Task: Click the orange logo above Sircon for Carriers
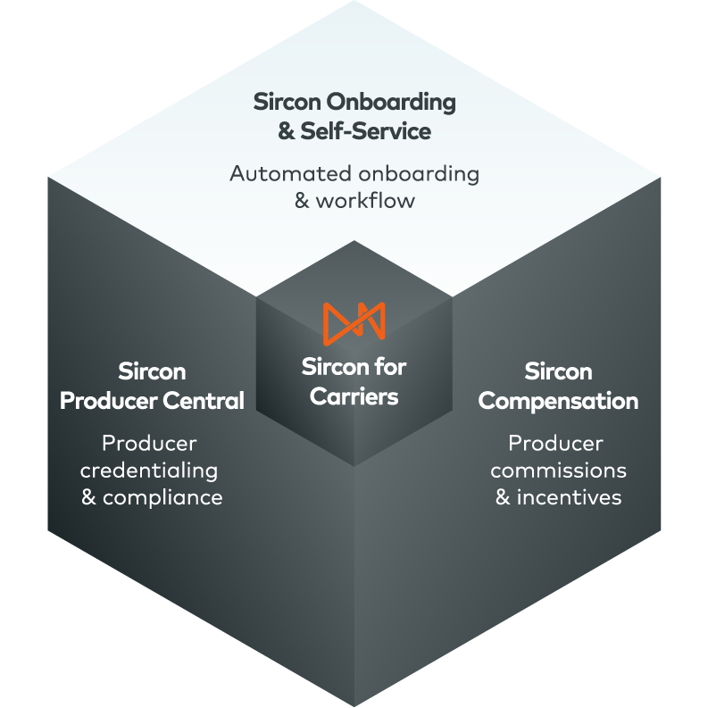click(x=354, y=321)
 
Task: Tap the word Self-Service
click(x=366, y=132)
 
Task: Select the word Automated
click(x=279, y=173)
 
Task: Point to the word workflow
click(x=366, y=200)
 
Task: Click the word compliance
click(x=162, y=498)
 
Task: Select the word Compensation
click(x=558, y=401)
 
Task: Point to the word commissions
click(x=558, y=471)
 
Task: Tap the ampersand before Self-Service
click(x=286, y=132)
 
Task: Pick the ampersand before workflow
click(x=302, y=200)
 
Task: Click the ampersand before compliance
click(x=89, y=498)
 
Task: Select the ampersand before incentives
click(x=504, y=497)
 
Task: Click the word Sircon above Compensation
click(x=558, y=371)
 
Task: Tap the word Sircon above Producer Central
click(x=151, y=371)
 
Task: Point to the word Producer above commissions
click(x=555, y=443)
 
